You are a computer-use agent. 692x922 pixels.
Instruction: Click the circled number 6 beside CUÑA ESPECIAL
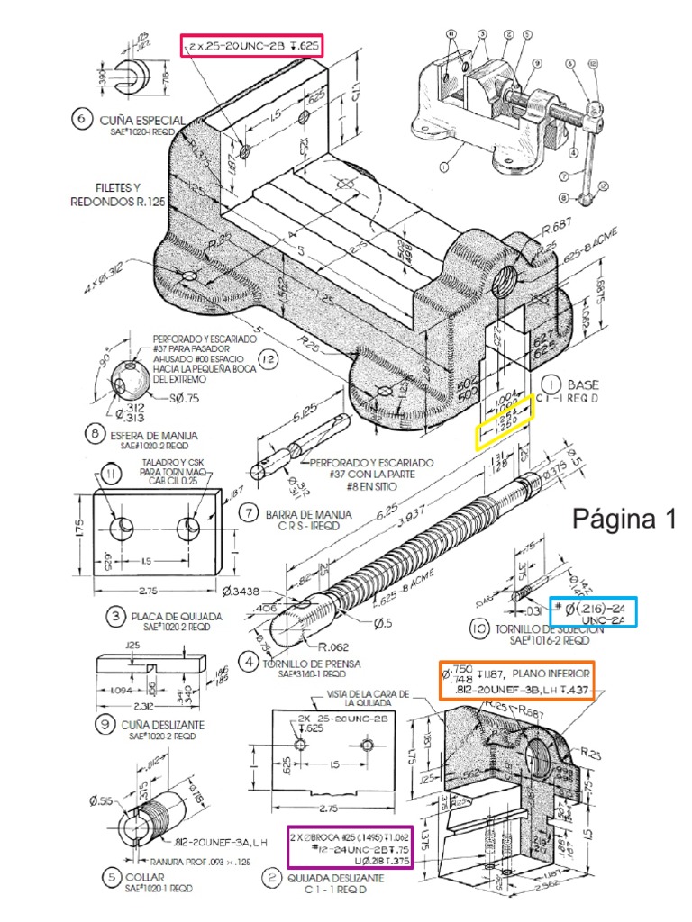pos(82,120)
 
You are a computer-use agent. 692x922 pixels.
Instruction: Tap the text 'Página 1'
pos(624,520)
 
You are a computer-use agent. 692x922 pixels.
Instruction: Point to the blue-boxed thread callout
pos(594,612)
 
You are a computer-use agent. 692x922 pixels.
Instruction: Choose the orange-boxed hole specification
pos(515,681)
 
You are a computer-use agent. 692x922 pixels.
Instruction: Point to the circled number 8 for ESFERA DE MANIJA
pos(95,433)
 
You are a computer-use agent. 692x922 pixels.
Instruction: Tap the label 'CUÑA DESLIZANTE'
pos(164,724)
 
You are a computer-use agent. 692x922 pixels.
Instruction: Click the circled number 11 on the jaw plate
pos(110,475)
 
